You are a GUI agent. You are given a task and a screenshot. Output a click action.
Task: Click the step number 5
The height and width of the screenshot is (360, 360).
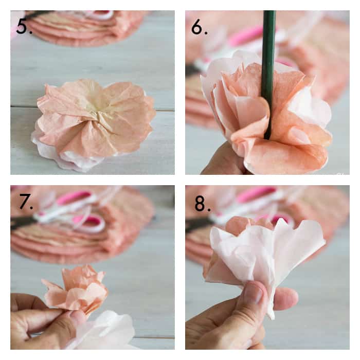[24, 26]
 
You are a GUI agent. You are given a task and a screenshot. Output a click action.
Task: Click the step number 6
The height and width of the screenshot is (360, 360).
[200, 27]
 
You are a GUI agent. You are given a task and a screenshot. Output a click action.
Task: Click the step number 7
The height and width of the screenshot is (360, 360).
[26, 202]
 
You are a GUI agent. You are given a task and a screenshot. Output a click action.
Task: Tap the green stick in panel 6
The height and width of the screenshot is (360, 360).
[268, 74]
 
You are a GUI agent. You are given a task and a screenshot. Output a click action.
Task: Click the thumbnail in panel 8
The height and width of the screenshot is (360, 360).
[256, 293]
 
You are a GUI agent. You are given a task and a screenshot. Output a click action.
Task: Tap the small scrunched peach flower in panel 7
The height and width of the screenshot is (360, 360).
[76, 288]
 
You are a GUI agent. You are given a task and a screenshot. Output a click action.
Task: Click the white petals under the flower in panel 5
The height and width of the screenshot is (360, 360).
[69, 158]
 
